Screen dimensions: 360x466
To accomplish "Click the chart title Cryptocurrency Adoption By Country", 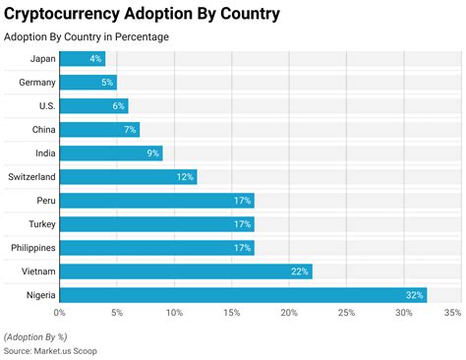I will tap(142, 14).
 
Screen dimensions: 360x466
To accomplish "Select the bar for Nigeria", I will tap(243, 295).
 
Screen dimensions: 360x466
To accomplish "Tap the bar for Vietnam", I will tap(186, 271).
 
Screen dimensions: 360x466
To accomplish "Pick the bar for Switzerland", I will tap(128, 177).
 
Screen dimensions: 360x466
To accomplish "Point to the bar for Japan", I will tap(83, 59).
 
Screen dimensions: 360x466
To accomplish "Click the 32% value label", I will tap(414, 295).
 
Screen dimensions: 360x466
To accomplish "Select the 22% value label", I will tap(300, 271).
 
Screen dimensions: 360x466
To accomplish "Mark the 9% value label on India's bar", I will tap(151, 153).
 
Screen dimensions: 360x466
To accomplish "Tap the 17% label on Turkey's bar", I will tap(243, 224).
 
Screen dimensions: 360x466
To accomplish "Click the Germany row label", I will tap(37, 83).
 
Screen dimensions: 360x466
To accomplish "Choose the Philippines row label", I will tap(33, 248).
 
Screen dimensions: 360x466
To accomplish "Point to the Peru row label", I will tap(44, 201).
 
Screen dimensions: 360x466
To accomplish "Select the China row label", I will tap(42, 130).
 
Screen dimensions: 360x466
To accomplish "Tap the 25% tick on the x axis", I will tap(346, 314).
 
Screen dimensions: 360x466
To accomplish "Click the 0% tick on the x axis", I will tap(60, 314).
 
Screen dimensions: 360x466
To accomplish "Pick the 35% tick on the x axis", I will tap(452, 314).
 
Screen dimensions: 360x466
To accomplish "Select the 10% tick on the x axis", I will tap(174, 314).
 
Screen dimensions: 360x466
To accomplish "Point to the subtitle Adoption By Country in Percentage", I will tap(87, 37).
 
